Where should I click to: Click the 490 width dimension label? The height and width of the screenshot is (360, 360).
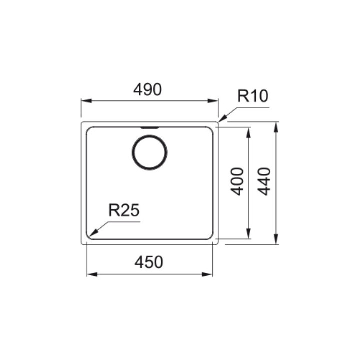click(x=148, y=90)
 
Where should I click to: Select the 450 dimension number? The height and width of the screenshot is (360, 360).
click(x=149, y=262)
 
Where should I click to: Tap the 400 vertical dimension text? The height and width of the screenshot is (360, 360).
click(x=237, y=181)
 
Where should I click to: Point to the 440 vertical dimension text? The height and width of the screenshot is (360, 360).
click(x=264, y=181)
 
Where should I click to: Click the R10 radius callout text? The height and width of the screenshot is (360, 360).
click(x=253, y=96)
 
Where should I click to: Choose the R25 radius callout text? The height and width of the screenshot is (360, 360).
click(x=124, y=210)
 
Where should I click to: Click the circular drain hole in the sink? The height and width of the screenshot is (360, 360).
click(x=149, y=152)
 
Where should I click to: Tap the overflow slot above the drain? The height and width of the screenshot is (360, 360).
click(x=149, y=127)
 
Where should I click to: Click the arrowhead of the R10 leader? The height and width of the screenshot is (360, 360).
click(x=222, y=118)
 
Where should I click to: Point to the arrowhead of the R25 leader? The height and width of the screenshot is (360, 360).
click(x=93, y=233)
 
